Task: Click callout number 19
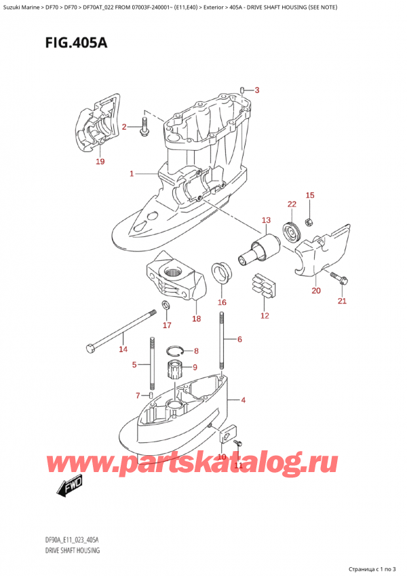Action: tap(100, 161)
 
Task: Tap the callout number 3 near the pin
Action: tap(256, 90)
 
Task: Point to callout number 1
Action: tap(132, 175)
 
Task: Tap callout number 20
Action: tap(315, 291)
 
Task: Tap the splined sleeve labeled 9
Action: tap(177, 372)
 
